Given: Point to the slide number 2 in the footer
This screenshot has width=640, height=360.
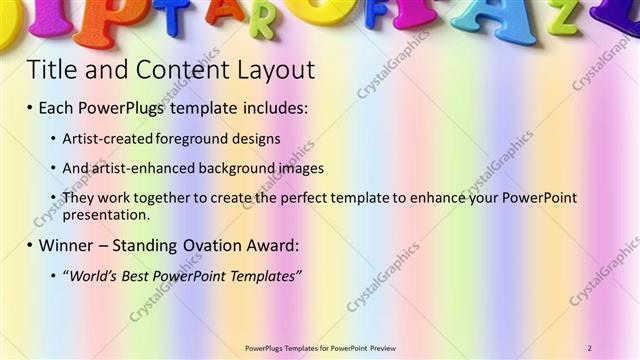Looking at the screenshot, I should point(590,347).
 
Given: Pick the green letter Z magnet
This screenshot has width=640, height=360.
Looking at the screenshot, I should point(562,15).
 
